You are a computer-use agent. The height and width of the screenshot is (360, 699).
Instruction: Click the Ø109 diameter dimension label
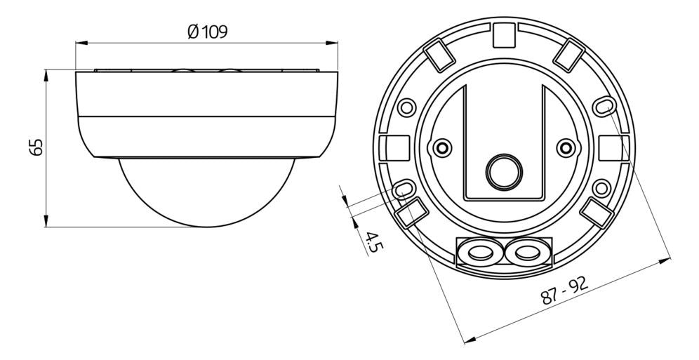pos(208,32)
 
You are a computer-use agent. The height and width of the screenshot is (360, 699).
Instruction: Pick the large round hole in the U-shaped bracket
pos(502,169)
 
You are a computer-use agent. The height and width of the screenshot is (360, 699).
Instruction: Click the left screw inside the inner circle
pos(441,147)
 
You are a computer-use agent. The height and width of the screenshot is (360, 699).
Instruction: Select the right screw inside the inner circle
pos(565,147)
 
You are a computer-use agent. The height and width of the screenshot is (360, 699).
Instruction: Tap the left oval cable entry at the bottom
pos(479,252)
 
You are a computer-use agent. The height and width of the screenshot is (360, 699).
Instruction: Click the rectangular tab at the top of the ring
pos(502,33)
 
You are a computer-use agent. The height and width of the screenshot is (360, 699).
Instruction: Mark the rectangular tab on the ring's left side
pos(388,147)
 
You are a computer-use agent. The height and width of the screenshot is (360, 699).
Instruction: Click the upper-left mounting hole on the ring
pos(405,107)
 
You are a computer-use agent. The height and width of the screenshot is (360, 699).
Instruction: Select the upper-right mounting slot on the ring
pos(601,105)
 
